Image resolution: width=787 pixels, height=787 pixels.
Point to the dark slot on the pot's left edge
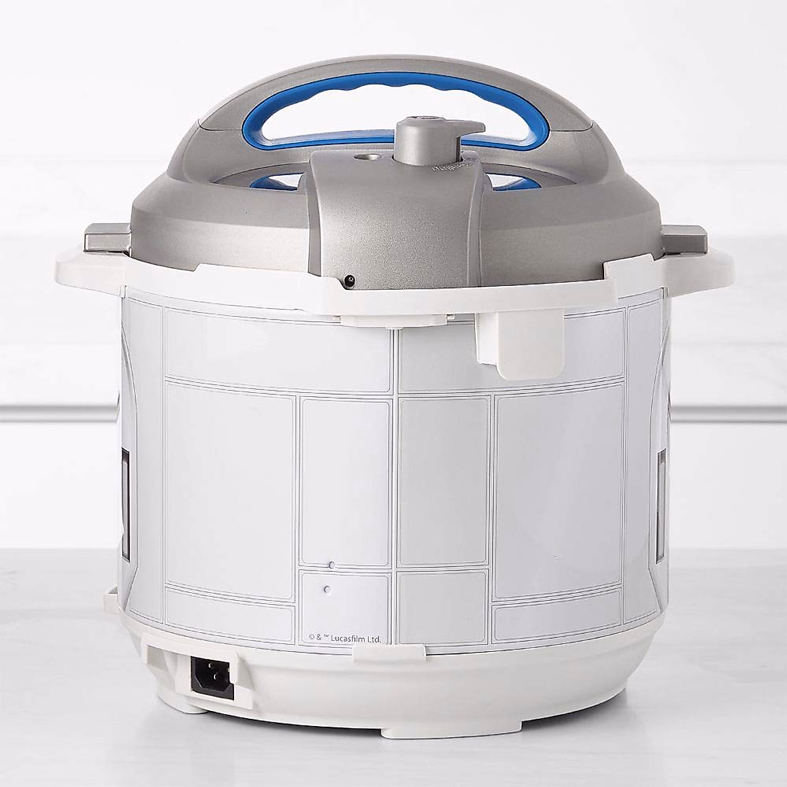(124, 485)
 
